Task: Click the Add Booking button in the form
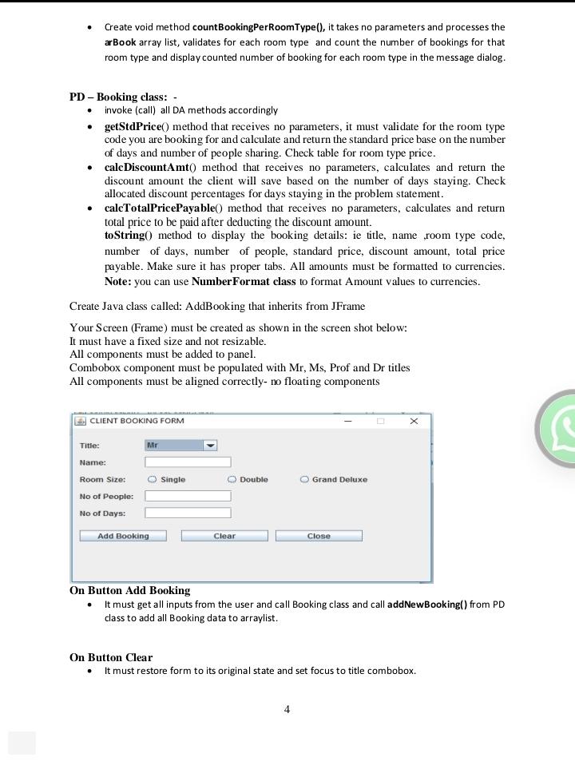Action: pos(123,536)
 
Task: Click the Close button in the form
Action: pos(319,536)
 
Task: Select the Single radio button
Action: pos(153,480)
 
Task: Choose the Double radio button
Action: pos(232,480)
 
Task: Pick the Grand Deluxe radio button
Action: pos(304,480)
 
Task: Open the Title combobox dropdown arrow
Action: pos(210,446)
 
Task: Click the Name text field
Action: pos(188,462)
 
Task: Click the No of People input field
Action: pos(188,496)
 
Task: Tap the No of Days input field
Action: pos(188,513)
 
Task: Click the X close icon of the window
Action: pos(414,421)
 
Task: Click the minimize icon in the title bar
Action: pos(348,421)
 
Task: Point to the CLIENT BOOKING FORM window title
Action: pos(137,421)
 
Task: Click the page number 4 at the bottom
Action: pos(287,709)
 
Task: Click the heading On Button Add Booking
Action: pos(129,591)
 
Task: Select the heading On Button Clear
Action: pos(111,658)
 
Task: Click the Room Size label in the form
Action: pos(102,480)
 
